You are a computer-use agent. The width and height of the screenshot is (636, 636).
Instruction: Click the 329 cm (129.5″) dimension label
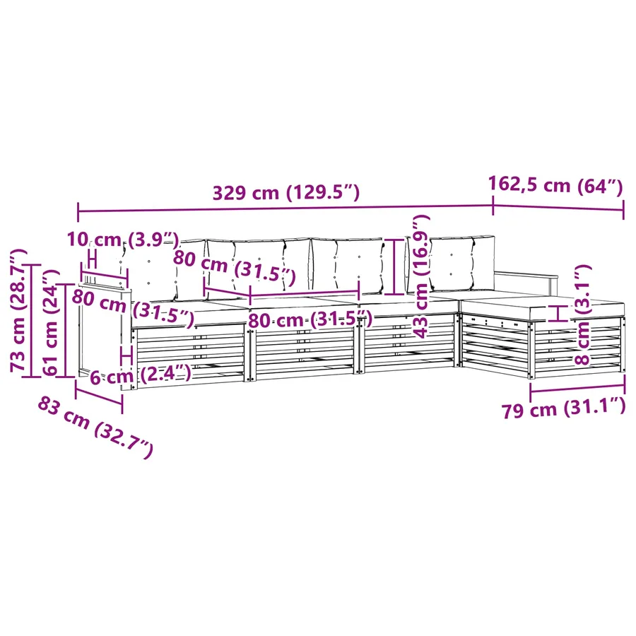tap(286, 192)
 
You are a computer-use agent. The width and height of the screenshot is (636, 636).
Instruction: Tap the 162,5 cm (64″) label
tap(555, 185)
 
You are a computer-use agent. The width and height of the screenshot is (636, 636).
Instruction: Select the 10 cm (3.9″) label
tap(123, 240)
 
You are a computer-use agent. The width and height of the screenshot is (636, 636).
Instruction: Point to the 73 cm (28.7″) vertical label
tap(18, 310)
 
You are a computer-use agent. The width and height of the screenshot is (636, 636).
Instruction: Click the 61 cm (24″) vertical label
tap(51, 322)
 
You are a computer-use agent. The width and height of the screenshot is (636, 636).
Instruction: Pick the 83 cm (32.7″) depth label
tap(95, 427)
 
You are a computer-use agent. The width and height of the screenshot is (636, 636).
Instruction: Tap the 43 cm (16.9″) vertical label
tap(421, 276)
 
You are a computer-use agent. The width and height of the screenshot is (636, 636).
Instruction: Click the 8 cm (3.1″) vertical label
tap(582, 314)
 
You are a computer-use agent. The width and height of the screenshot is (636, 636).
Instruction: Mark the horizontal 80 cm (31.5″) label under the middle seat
tap(310, 319)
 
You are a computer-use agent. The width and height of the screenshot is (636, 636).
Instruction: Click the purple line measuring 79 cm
tap(577, 388)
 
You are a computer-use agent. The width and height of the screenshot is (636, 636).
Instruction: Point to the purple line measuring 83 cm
tap(98, 396)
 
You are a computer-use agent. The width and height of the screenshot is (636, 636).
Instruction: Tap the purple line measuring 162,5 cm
tap(558, 208)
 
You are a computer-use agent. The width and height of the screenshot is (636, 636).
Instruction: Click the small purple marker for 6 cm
tap(127, 356)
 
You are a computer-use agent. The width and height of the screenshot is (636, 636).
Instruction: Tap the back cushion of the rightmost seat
tap(462, 264)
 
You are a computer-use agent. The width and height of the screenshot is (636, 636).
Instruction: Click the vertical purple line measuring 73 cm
tap(32, 321)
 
